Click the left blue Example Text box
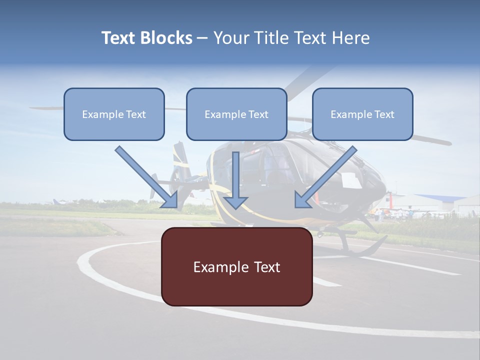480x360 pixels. click(x=114, y=114)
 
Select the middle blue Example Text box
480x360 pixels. click(x=236, y=114)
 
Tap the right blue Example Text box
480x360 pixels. click(x=362, y=114)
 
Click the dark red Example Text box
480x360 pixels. click(x=236, y=266)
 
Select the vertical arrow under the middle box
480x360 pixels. click(x=235, y=180)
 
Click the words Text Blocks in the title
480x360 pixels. click(x=146, y=38)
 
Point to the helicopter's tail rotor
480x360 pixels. click(x=178, y=165)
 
